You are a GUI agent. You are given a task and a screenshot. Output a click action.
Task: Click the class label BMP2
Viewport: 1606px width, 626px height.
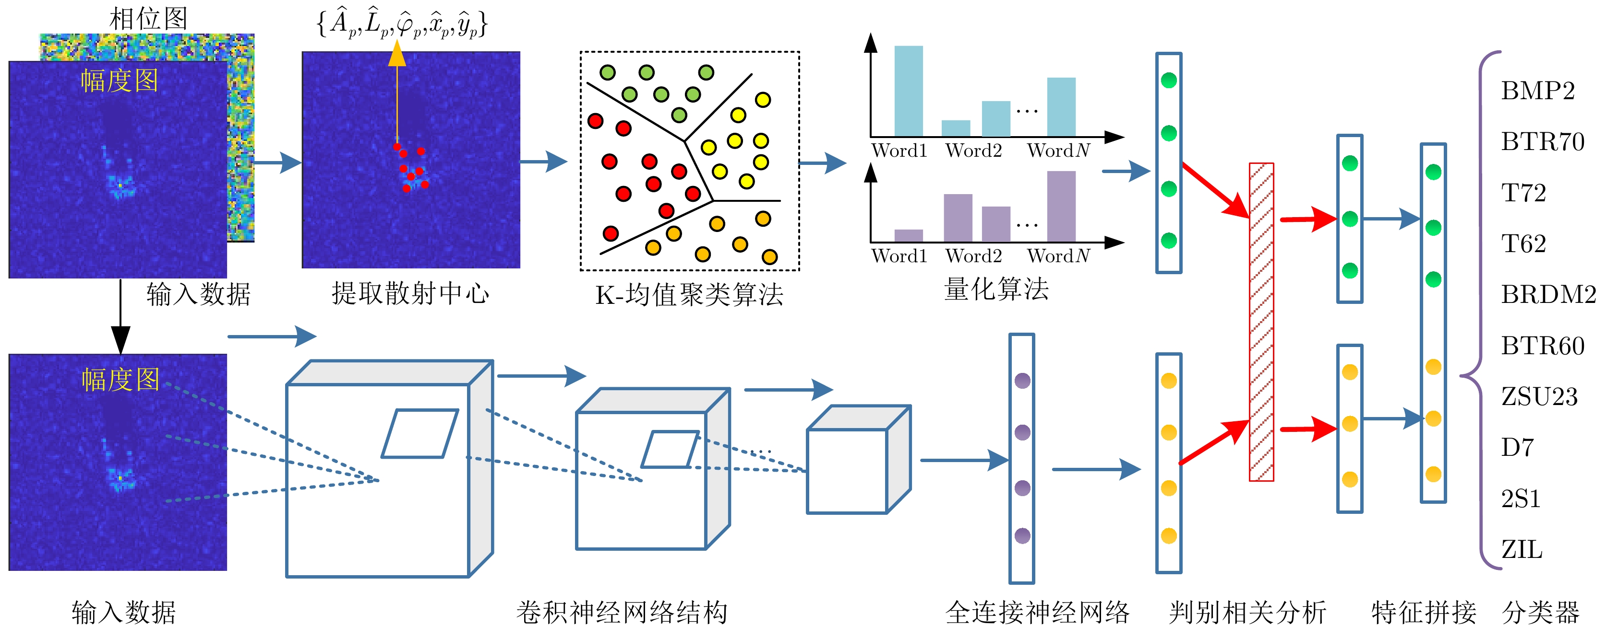[1537, 91]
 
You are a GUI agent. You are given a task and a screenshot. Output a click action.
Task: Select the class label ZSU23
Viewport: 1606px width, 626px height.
[1539, 397]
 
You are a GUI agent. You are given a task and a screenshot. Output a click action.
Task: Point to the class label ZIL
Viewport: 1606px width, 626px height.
[1521, 549]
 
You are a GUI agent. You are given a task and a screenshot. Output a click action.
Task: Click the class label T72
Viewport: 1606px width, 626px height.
[1523, 193]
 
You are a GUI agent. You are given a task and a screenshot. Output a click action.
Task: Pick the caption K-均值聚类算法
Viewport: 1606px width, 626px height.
[689, 295]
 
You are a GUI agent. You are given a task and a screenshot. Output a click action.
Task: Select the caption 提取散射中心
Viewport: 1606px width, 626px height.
[410, 293]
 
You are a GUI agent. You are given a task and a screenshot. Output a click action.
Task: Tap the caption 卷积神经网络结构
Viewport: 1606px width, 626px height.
[622, 612]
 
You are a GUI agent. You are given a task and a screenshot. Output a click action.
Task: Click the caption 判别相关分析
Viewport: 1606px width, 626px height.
[1247, 612]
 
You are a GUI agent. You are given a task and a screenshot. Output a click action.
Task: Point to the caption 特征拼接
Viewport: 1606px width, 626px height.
[1423, 612]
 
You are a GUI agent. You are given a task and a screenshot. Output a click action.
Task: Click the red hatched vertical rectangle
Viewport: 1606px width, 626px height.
[1261, 322]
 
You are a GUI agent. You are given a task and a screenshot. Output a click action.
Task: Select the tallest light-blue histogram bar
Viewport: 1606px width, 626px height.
[909, 91]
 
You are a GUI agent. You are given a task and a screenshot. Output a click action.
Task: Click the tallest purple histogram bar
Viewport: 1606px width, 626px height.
[1061, 206]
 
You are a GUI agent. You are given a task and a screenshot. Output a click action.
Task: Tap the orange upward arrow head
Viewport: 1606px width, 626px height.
[397, 54]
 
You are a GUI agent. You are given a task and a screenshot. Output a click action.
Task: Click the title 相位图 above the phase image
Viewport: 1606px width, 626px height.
[148, 19]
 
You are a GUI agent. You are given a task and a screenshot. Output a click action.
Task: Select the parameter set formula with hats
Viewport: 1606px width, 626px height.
[402, 23]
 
